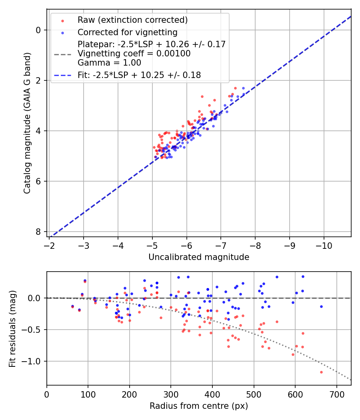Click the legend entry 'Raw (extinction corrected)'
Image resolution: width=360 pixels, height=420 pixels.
pyautogui.click(x=132, y=20)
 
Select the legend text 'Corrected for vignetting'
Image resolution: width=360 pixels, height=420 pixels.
pyautogui.click(x=128, y=32)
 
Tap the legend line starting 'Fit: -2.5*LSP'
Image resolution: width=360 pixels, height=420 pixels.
pyautogui.click(x=139, y=75)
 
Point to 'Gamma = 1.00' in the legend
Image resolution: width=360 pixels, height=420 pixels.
pyautogui.click(x=109, y=62)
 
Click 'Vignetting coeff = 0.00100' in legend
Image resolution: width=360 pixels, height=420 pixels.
pyautogui.click(x=134, y=54)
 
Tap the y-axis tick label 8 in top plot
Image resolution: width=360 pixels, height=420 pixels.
pyautogui.click(x=38, y=232)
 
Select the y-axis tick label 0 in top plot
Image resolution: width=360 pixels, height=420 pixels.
pyautogui.click(x=38, y=30)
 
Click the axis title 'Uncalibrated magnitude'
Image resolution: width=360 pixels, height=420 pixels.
pyautogui.click(x=199, y=257)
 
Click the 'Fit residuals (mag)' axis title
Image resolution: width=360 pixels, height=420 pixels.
pyautogui.click(x=13, y=328)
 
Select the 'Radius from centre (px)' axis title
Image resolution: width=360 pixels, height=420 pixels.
pyautogui.click(x=199, y=406)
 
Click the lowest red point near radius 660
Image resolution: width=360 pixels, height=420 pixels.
pyautogui.click(x=321, y=372)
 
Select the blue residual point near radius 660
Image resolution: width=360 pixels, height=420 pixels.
pyautogui.click(x=321, y=307)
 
